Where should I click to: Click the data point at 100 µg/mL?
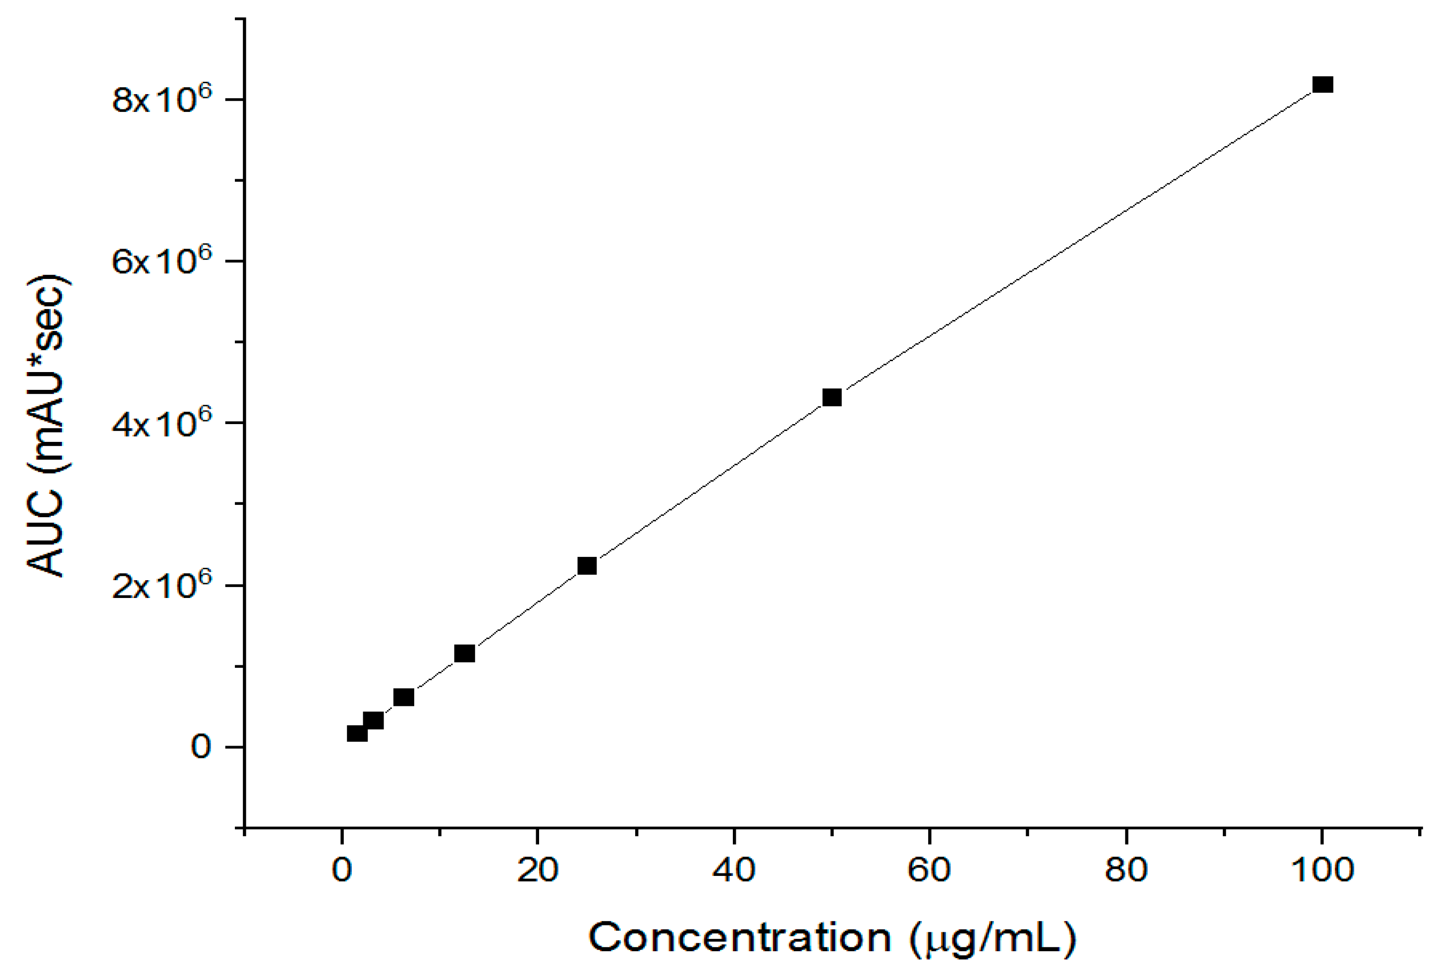1323,85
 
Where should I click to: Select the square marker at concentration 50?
832,397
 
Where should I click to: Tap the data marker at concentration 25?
587,566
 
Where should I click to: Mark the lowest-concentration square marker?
357,734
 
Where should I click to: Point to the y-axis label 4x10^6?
162,422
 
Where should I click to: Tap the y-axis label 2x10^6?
162,584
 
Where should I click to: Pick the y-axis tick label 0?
201,747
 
